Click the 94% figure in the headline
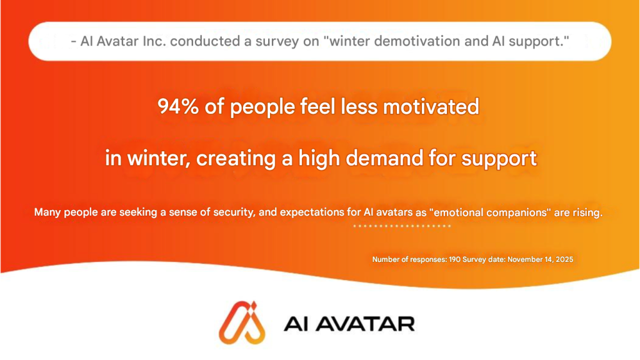(178, 106)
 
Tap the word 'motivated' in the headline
(431, 106)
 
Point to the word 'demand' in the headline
(384, 158)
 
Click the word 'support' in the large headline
(499, 159)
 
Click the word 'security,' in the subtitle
(234, 212)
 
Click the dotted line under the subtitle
(402, 226)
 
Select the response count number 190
(455, 259)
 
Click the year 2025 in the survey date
(565, 259)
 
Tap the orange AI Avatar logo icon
(242, 323)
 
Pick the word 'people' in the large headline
(262, 107)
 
